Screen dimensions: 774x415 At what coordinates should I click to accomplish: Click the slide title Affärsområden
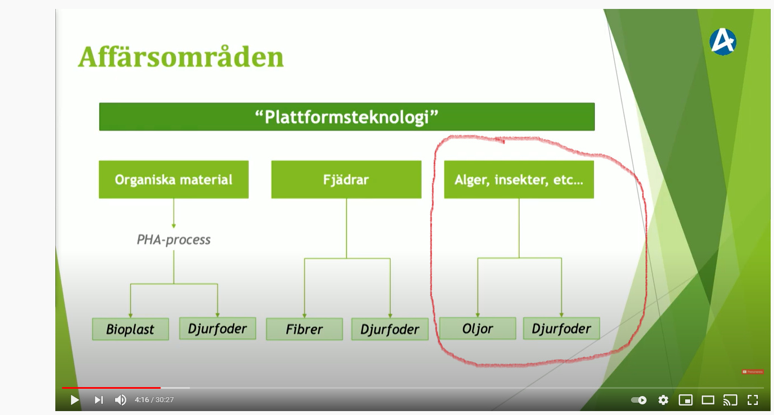click(181, 57)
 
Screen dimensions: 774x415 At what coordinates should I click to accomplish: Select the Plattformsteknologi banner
click(346, 117)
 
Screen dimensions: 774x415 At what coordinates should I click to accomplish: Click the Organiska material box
click(173, 179)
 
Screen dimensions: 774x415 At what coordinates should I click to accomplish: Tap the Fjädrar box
click(346, 179)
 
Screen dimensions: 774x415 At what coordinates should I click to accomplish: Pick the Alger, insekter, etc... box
click(519, 179)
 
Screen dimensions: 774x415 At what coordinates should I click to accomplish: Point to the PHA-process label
click(173, 240)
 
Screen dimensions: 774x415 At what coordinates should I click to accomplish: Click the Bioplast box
click(130, 329)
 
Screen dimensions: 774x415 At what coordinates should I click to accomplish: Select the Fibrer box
click(305, 329)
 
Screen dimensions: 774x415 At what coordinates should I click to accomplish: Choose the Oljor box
click(477, 328)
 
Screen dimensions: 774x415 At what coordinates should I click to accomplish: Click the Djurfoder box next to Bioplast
click(218, 328)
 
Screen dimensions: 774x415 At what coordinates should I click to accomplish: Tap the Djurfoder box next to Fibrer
click(390, 329)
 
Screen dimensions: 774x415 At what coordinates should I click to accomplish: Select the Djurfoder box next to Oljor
click(562, 328)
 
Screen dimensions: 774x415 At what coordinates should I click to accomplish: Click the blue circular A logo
click(723, 42)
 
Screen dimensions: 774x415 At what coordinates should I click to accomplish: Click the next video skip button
click(99, 400)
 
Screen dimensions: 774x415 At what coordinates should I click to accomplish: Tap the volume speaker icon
click(121, 400)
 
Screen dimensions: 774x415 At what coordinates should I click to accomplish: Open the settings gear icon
click(663, 400)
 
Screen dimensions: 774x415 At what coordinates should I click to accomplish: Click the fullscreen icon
click(753, 400)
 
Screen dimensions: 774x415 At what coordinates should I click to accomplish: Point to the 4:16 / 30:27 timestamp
click(154, 400)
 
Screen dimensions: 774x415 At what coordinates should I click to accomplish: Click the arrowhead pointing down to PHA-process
click(173, 226)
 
